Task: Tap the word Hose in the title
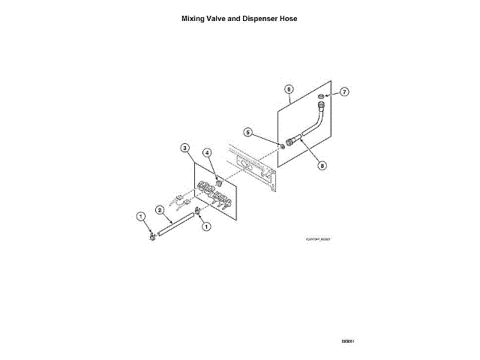point(289,18)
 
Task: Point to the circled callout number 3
point(185,148)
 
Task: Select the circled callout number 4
point(208,154)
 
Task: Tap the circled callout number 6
point(289,88)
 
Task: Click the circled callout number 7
point(344,91)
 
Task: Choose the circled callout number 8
point(322,166)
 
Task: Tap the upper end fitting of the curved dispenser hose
point(322,107)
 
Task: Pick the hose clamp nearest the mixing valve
point(199,213)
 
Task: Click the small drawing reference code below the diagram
point(317,239)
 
